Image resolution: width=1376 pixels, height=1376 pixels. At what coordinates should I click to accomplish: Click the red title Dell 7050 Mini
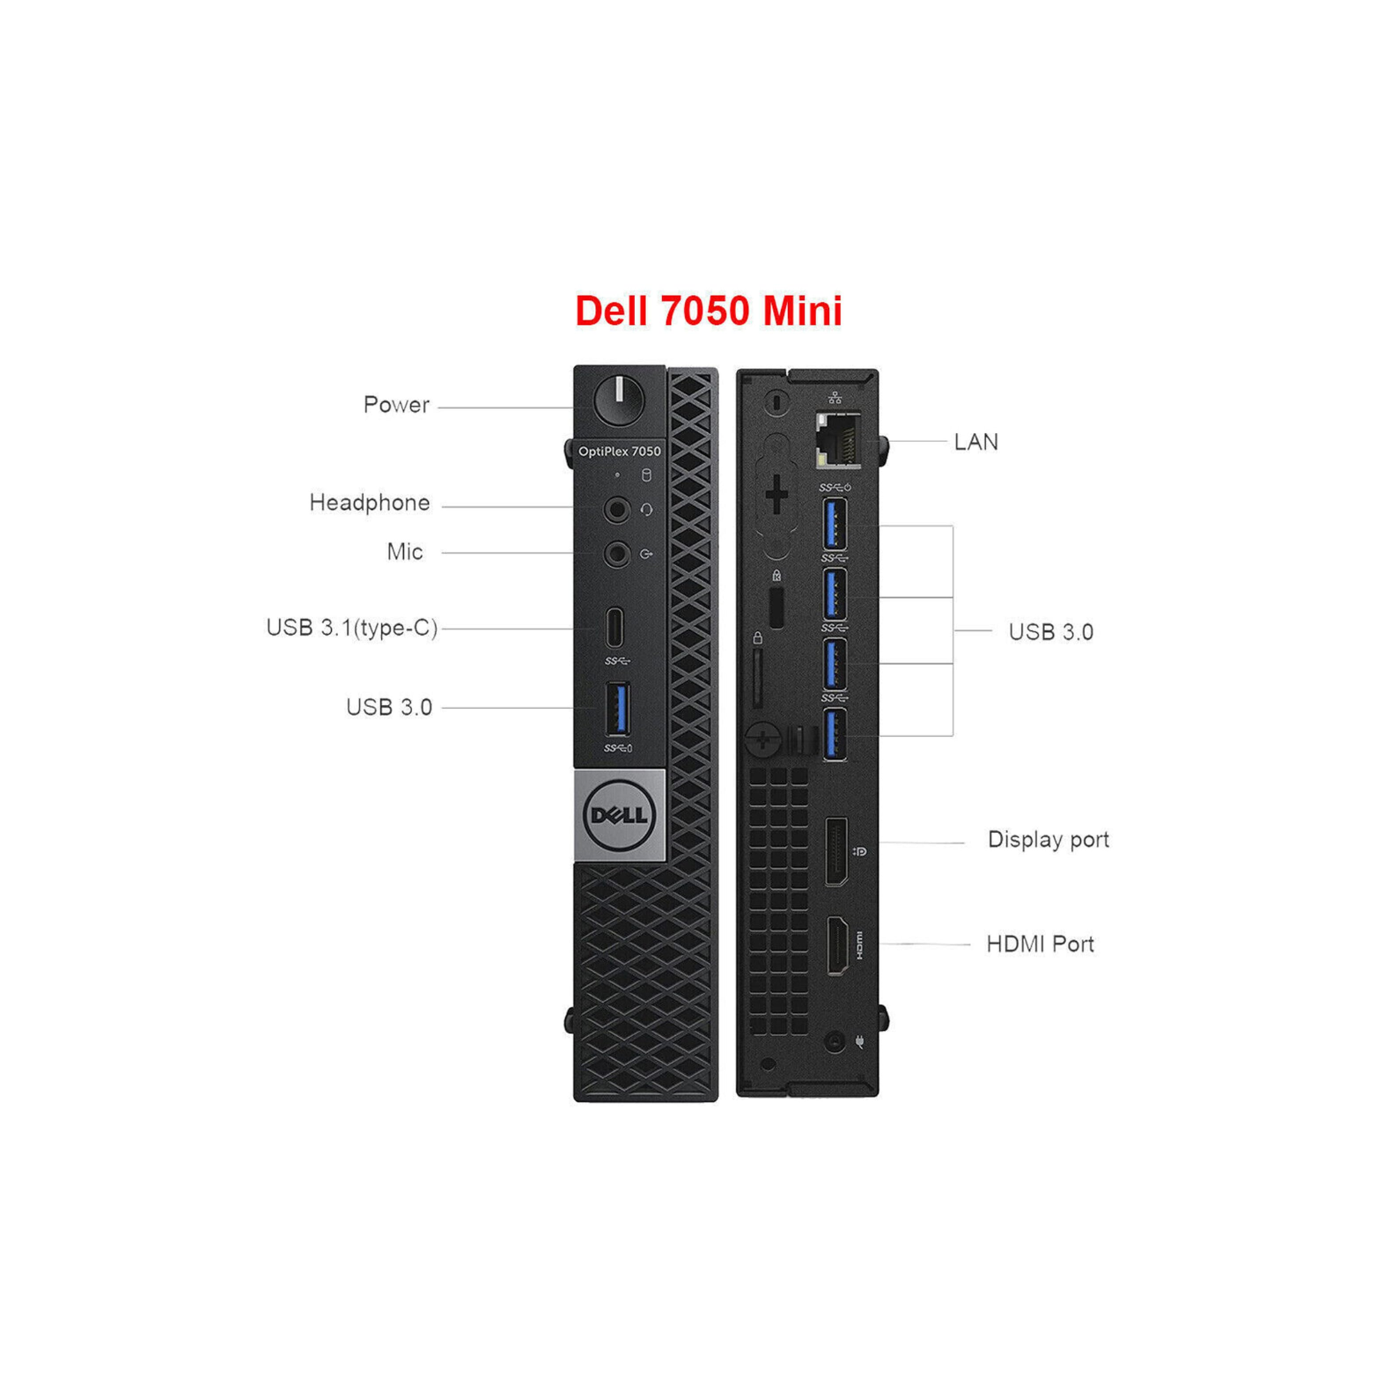709,311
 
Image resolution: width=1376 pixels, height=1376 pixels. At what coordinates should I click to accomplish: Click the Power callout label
396,405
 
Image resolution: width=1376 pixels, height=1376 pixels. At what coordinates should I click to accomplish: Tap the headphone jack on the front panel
617,509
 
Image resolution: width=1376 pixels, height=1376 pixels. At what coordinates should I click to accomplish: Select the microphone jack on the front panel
617,554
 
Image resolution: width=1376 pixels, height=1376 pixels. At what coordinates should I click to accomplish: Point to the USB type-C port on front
615,628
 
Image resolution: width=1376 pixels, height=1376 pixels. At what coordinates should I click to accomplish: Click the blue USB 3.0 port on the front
618,709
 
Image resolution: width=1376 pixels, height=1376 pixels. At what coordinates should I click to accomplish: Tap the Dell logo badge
619,815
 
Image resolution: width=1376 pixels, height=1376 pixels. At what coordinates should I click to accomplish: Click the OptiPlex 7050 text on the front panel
619,452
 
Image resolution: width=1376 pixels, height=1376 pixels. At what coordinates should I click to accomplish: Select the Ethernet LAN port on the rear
838,439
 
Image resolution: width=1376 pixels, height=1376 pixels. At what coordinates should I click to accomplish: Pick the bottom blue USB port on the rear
835,734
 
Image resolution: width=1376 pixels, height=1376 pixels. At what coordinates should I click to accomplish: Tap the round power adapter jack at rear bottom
834,1042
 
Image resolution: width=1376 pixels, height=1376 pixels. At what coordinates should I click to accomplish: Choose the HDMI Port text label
1040,945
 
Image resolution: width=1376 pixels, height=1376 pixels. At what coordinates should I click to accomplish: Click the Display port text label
1048,840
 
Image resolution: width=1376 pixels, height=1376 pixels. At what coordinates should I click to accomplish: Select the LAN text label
976,442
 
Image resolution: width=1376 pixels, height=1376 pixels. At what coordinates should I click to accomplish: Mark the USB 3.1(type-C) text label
352,628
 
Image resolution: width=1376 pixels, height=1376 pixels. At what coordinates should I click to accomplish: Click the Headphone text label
370,503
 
